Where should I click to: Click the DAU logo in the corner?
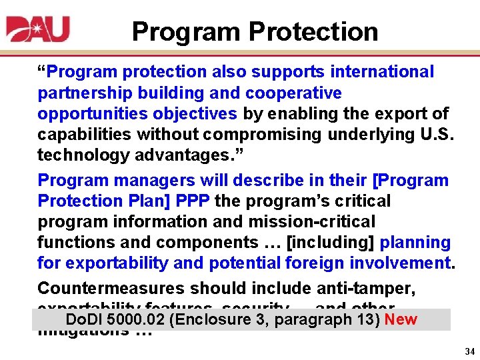(38, 31)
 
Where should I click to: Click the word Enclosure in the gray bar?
(212, 320)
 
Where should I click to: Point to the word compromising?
(256, 135)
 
